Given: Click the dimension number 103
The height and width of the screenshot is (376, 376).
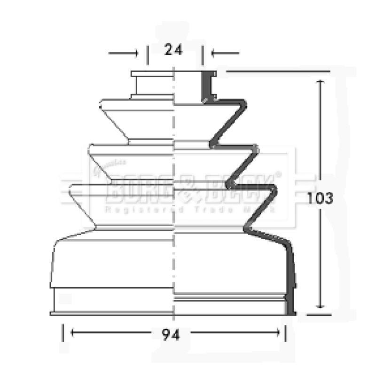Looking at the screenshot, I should click(321, 198).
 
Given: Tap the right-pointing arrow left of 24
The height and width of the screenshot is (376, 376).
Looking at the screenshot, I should click(134, 53).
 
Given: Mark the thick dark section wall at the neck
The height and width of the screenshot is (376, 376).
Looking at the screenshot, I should click(206, 87).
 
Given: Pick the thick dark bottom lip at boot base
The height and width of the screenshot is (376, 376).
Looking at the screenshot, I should click(290, 308).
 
